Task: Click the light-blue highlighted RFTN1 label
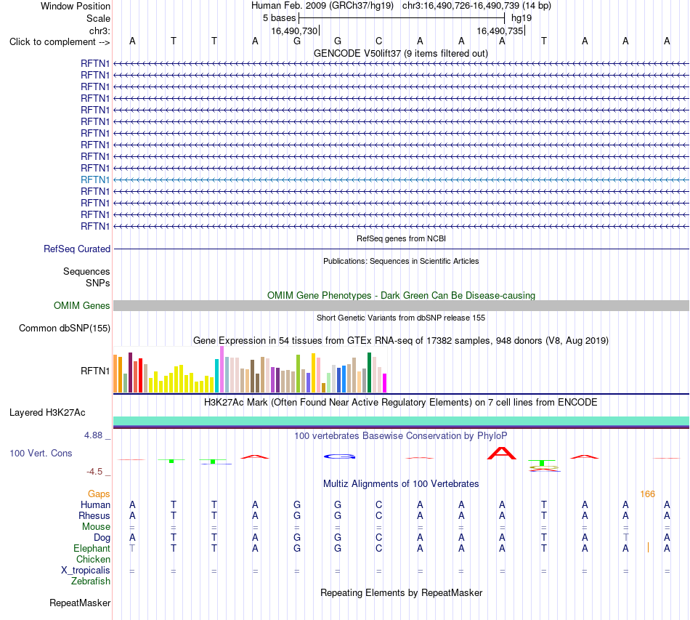click(x=95, y=180)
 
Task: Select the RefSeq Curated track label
click(x=77, y=249)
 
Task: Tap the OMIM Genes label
click(x=82, y=305)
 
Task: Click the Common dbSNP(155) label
click(x=65, y=328)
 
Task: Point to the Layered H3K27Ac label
click(x=47, y=413)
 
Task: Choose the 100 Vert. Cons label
click(x=41, y=453)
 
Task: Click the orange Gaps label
click(x=99, y=494)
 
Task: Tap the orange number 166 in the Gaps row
click(x=647, y=494)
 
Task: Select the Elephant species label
click(x=92, y=548)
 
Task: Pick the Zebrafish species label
click(x=91, y=581)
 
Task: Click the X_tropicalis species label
click(x=86, y=571)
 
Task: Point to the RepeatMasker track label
click(x=80, y=603)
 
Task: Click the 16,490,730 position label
click(x=294, y=31)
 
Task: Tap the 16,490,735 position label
click(x=500, y=31)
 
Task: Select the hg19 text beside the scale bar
click(x=521, y=18)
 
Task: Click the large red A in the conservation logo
click(x=502, y=453)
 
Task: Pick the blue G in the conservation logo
click(x=339, y=456)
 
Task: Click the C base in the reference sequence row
click(x=379, y=41)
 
